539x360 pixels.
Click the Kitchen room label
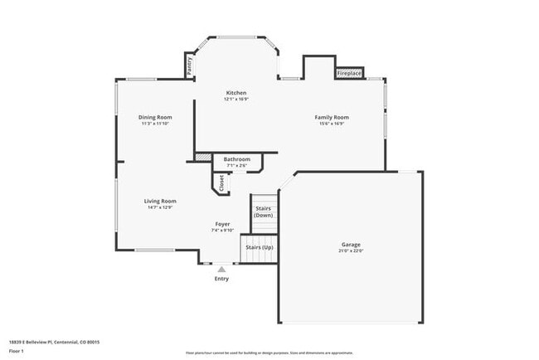236,92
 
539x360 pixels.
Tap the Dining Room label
155,117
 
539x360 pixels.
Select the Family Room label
332,117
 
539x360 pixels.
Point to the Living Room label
160,201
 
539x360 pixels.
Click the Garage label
351,245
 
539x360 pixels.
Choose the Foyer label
223,224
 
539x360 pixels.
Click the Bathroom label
236,158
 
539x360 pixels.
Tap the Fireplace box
349,73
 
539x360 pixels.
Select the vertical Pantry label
189,66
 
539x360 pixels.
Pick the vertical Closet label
221,182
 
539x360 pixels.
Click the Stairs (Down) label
263,212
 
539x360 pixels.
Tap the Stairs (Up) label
256,246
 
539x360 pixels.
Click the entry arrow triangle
221,269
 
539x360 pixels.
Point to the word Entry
221,279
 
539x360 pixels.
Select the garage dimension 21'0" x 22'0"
351,251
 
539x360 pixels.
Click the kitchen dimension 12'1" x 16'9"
236,100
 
